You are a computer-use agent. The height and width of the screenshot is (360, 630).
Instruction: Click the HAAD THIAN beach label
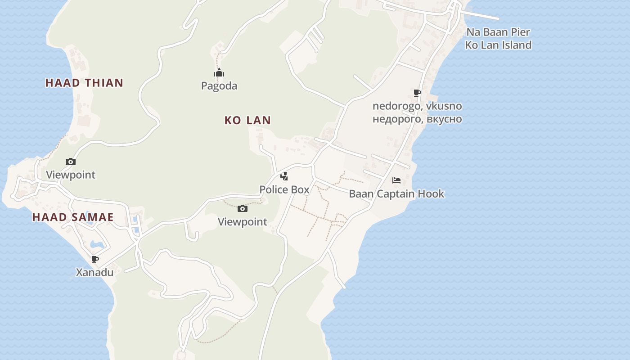(84, 83)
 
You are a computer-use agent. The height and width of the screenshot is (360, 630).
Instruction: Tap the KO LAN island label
(247, 120)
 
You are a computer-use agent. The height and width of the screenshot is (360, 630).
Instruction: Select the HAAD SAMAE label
(73, 217)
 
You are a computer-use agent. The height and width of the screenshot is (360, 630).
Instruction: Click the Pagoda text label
(219, 85)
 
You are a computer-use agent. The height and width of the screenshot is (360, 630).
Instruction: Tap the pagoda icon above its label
(219, 73)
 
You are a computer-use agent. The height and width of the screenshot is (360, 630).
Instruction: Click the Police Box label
(284, 189)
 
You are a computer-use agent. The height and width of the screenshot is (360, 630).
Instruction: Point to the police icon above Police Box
(284, 176)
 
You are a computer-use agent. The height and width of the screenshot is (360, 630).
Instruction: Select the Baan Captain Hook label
(396, 194)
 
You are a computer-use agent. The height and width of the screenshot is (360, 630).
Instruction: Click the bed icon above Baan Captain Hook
(396, 180)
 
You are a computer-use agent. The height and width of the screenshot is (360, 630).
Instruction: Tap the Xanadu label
(94, 272)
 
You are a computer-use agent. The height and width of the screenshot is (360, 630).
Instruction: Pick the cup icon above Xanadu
(94, 259)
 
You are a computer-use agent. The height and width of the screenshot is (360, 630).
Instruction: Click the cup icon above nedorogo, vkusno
(417, 93)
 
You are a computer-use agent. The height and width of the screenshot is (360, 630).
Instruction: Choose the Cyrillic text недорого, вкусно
(417, 119)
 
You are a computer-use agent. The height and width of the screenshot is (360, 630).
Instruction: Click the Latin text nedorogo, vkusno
(417, 106)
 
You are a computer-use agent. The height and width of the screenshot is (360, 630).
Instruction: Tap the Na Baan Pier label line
(498, 32)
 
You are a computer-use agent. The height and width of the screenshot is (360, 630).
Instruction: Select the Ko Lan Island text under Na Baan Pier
(498, 45)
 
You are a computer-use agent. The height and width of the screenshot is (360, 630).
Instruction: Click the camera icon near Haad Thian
(71, 162)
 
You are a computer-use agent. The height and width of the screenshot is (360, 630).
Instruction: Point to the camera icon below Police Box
(243, 208)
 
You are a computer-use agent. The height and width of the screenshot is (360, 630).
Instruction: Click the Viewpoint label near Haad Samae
(71, 175)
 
